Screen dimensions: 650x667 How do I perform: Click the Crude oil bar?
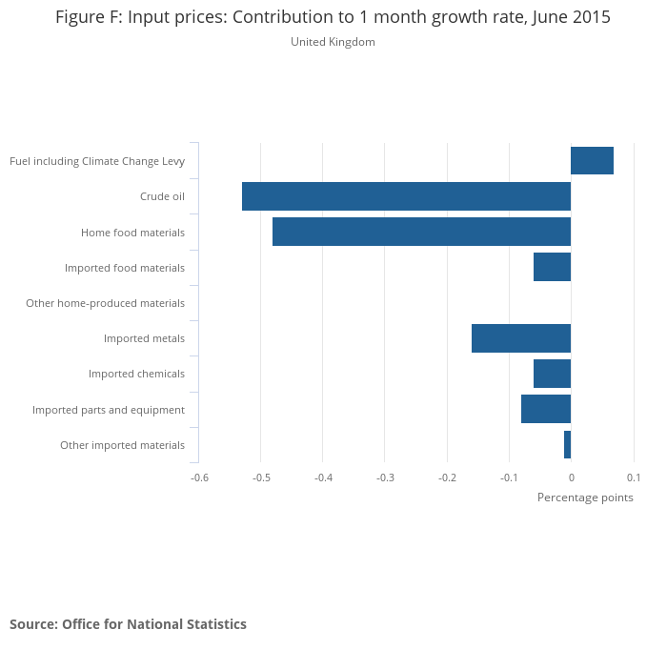click(x=406, y=196)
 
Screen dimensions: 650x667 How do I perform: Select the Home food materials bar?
click(x=421, y=232)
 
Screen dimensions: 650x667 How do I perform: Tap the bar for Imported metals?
click(x=521, y=338)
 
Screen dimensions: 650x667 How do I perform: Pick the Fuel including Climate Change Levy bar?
click(x=592, y=161)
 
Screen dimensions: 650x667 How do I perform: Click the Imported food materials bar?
click(x=552, y=267)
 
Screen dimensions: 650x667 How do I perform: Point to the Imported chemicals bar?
click(x=552, y=374)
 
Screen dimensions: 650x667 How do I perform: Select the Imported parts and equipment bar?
click(x=546, y=409)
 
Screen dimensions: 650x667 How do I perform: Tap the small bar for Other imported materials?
click(x=567, y=445)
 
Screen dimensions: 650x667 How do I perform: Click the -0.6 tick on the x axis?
click(x=198, y=477)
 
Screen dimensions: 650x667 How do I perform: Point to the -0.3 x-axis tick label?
click(x=384, y=477)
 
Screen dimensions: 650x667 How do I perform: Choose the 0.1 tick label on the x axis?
click(x=634, y=477)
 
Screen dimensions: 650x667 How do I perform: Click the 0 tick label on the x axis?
click(x=571, y=477)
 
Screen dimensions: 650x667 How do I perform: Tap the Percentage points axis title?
click(x=585, y=498)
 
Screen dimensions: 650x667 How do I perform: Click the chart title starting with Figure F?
click(x=333, y=17)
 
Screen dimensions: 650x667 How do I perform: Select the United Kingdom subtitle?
click(x=333, y=42)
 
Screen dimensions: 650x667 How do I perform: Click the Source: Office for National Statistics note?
click(x=128, y=624)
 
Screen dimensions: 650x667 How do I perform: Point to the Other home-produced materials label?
click(x=105, y=303)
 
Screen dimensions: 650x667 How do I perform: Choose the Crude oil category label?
click(x=162, y=196)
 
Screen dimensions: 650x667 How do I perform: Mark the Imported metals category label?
click(x=144, y=338)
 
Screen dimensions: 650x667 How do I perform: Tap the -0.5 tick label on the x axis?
click(x=260, y=477)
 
